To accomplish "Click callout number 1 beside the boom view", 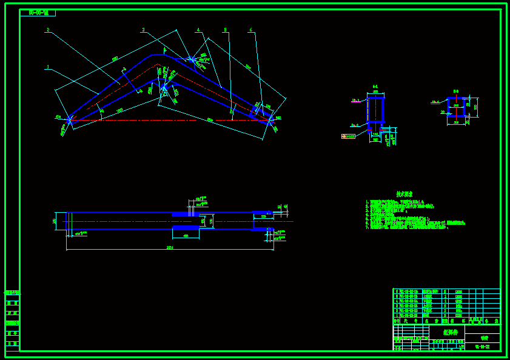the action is [x=47, y=67].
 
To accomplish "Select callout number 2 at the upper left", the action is [x=47, y=30].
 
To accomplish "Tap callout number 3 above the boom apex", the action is [x=144, y=30].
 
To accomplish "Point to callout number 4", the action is [x=198, y=30].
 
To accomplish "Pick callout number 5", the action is [x=225, y=30].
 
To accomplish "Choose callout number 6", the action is [x=250, y=30].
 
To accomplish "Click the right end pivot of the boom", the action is [x=271, y=120].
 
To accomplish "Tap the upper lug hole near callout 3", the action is [x=192, y=59].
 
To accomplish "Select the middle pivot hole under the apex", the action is [x=163, y=88].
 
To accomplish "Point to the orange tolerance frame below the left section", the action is [x=348, y=136].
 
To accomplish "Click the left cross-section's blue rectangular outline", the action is [x=375, y=110].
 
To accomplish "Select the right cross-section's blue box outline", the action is [x=456, y=107].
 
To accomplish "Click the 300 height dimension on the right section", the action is [x=476, y=107].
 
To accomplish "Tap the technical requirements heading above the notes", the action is [x=404, y=194].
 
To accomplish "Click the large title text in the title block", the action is [x=451, y=332].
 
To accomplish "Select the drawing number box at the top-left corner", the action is [x=38, y=13].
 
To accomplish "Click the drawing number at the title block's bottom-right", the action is [x=482, y=347].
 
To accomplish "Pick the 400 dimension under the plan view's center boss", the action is [x=186, y=236].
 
